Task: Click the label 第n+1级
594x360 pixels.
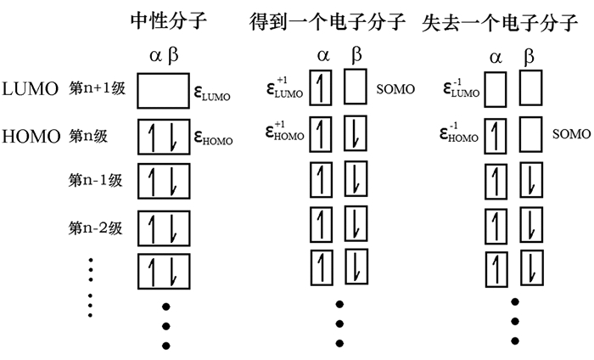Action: coord(97,89)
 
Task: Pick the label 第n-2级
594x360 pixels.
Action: coord(97,228)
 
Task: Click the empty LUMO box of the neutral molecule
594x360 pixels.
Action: coord(162,90)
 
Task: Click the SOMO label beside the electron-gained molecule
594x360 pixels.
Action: coord(397,89)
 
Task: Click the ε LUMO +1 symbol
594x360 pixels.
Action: coord(284,88)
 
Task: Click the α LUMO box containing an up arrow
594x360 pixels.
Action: coord(321,89)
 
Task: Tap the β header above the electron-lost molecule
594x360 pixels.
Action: coord(530,59)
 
